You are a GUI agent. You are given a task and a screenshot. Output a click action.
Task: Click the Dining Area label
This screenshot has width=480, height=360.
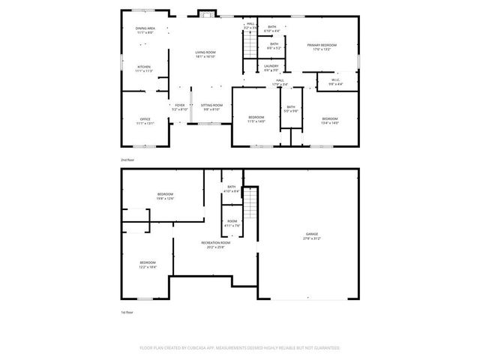[145, 28]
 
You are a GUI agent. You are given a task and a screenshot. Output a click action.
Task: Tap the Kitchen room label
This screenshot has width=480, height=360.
[143, 67]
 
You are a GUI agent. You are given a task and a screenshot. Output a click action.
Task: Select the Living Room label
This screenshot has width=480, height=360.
[205, 52]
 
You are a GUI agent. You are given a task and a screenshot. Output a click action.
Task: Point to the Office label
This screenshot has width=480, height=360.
[145, 119]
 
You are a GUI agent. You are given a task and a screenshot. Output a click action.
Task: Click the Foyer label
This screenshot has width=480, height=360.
[180, 105]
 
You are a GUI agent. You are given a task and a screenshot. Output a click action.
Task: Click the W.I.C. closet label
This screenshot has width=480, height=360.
[335, 80]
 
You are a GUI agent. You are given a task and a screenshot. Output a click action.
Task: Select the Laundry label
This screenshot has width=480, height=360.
[271, 66]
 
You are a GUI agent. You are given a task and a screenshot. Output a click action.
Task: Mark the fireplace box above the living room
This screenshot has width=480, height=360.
[205, 13]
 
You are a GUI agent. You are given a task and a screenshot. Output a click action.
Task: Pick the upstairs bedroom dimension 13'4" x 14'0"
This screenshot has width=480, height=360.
[331, 123]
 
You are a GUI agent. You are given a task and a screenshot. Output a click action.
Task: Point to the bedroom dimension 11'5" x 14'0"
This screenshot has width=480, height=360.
[256, 123]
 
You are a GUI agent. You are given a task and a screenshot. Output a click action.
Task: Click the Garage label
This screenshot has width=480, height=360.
[311, 234]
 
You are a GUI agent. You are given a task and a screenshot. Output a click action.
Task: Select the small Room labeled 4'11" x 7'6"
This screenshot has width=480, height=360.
[232, 221]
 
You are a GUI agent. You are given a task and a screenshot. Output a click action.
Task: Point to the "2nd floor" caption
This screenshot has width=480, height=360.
[127, 160]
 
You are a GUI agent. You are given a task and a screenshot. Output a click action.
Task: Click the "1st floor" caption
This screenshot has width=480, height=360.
[127, 312]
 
